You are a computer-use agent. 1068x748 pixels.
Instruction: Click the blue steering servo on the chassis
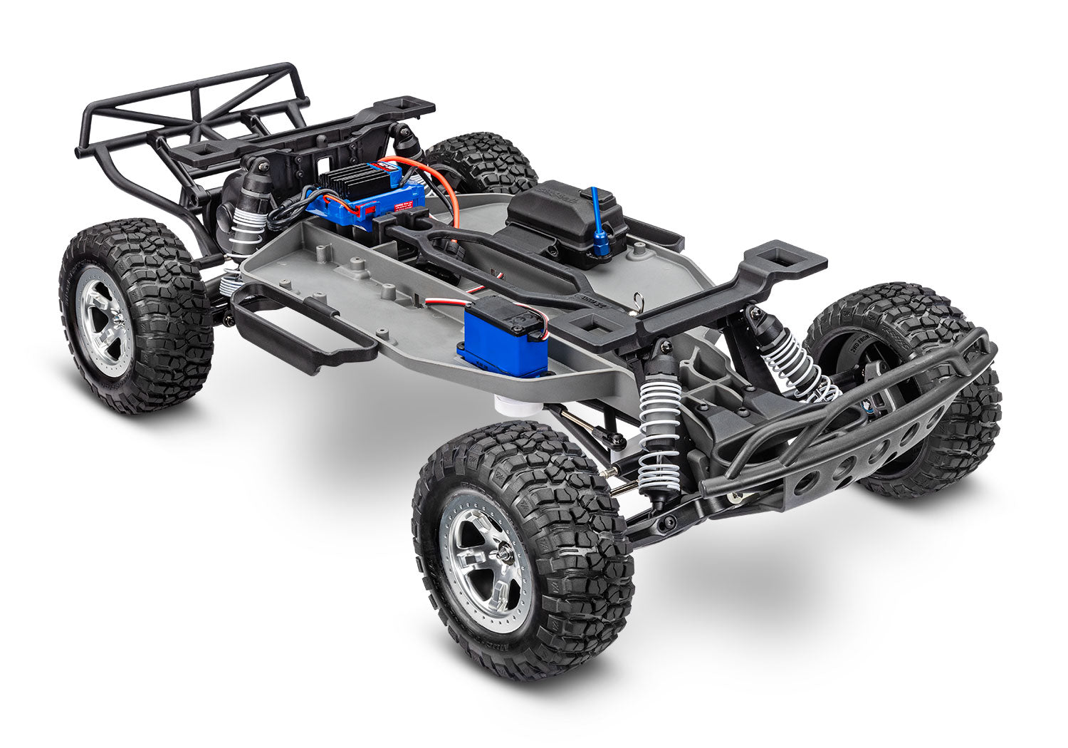(499, 338)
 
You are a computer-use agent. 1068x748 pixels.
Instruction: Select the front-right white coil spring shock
(790, 364)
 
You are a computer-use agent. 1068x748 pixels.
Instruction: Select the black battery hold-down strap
(484, 256)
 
